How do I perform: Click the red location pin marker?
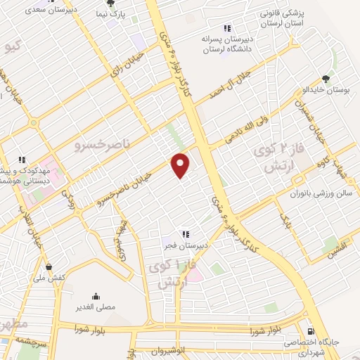181,165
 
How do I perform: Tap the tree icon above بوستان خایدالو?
325,79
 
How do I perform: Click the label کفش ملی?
49,278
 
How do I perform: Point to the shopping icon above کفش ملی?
49,266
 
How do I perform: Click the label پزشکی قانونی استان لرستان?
283,19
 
